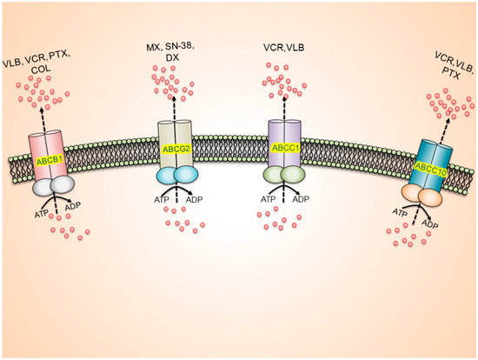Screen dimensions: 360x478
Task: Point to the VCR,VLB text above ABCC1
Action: coord(284,45)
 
